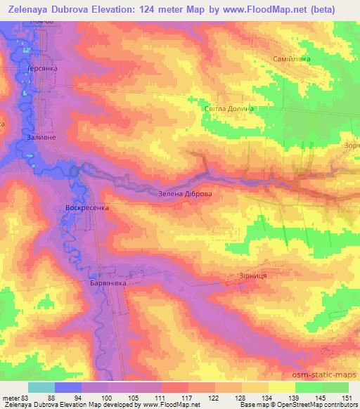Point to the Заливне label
point(40,138)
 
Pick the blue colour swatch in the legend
point(68,387)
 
